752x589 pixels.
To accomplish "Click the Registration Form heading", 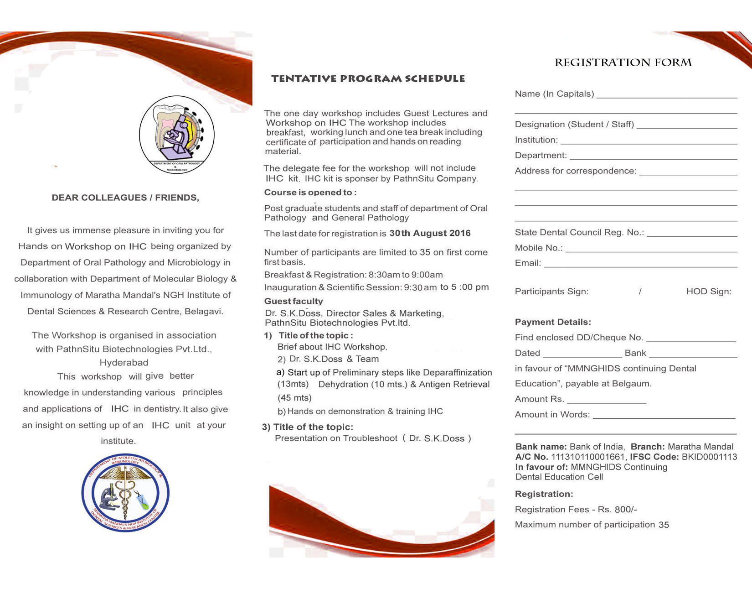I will pyautogui.click(x=623, y=63).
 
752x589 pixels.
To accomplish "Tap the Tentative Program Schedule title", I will pyautogui.click(x=368, y=78).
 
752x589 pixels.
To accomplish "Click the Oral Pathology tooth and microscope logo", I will pyautogui.click(x=177, y=134).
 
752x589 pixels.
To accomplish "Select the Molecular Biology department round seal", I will pyautogui.click(x=125, y=493).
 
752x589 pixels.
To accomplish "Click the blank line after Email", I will pyautogui.click(x=640, y=266).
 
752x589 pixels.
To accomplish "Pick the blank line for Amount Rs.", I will pyautogui.click(x=607, y=402).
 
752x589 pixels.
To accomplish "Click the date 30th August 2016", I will pyautogui.click(x=430, y=233).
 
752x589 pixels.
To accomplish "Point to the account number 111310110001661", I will pyautogui.click(x=588, y=457).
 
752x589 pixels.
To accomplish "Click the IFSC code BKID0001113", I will pyautogui.click(x=709, y=457).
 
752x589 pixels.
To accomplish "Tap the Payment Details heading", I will pyautogui.click(x=553, y=322).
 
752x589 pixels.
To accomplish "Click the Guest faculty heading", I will pyautogui.click(x=294, y=301).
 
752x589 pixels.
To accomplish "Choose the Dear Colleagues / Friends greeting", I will pyautogui.click(x=125, y=198).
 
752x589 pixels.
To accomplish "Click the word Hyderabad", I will pyautogui.click(x=124, y=363).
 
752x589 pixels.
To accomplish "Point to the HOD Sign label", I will pyautogui.click(x=709, y=292).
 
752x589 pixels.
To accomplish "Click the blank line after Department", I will pyautogui.click(x=653, y=158).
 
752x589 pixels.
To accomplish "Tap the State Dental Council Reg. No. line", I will pyautogui.click(x=691, y=235).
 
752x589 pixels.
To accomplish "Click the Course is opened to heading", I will pyautogui.click(x=310, y=193).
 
